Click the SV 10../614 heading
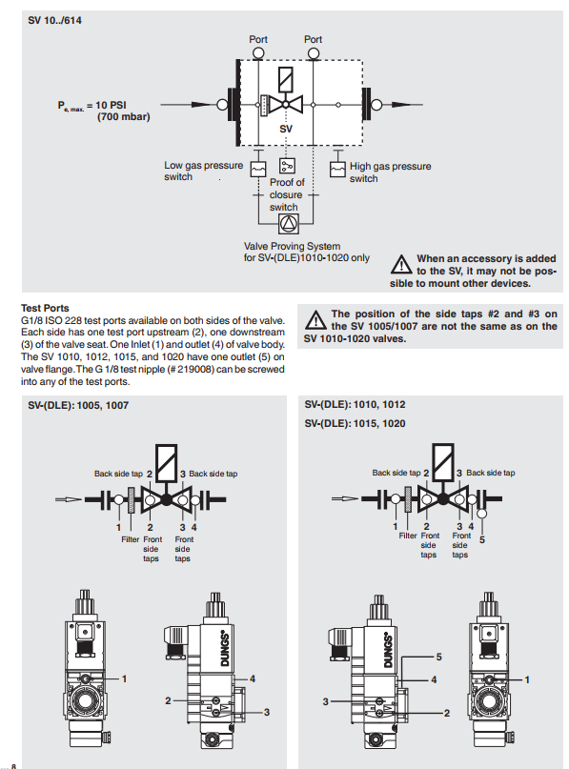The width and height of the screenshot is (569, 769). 54,21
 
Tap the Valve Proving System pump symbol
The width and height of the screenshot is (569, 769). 288,224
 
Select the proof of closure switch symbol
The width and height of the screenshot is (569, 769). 287,166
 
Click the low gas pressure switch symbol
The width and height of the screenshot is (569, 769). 258,170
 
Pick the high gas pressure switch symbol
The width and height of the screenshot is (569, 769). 337,170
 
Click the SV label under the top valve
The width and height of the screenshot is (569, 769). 286,129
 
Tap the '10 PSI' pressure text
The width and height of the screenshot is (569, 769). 111,105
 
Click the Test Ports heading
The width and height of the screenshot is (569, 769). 45,308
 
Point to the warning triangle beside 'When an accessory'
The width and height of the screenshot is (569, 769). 401,264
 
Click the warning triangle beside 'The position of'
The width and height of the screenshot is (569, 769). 315,320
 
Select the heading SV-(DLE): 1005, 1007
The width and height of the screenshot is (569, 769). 78,406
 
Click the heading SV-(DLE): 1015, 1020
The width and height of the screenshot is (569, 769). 355,423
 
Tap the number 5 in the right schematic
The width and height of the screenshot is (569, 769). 482,539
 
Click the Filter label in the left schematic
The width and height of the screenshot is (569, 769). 130,539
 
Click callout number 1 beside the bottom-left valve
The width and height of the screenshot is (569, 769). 124,678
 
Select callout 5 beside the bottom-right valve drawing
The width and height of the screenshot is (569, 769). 439,657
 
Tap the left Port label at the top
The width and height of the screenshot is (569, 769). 258,39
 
